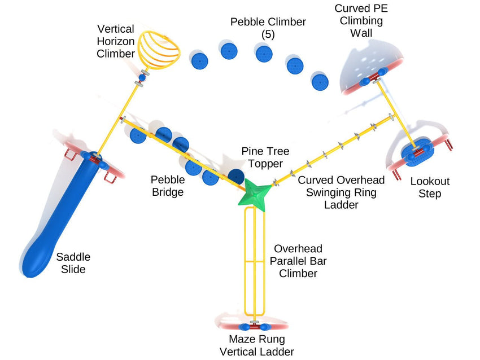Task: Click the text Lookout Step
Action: (430, 187)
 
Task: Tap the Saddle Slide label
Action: (73, 263)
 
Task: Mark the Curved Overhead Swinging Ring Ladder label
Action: (341, 192)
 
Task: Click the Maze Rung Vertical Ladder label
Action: (257, 345)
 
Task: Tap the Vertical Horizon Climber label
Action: (116, 41)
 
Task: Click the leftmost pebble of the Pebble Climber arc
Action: (199, 60)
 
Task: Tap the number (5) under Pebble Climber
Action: (268, 34)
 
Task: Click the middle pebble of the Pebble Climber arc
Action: (264, 54)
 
